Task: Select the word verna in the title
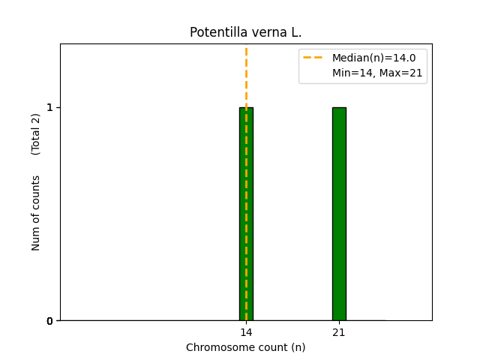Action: [x=262, y=32]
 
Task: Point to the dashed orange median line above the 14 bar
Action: [x=246, y=75]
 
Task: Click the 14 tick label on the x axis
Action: [x=246, y=332]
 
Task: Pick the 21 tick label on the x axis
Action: [x=339, y=332]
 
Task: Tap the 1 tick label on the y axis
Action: [x=50, y=107]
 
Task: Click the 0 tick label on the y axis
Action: [x=50, y=321]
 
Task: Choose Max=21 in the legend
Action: [x=400, y=73]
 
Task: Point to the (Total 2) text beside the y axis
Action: [x=36, y=134]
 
